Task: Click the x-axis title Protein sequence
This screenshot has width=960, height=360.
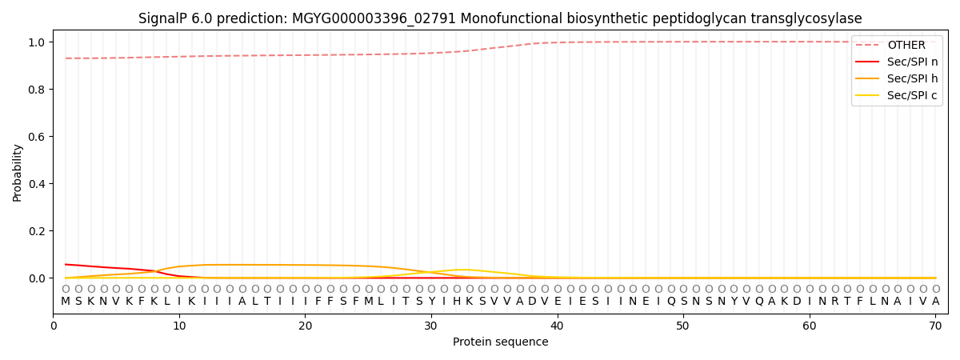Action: click(x=501, y=342)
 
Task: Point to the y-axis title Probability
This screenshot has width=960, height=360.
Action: click(x=18, y=172)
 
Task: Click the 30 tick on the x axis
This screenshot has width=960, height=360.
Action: click(x=431, y=326)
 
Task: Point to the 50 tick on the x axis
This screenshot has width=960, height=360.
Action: click(x=683, y=326)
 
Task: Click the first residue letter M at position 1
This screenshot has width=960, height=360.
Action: click(x=66, y=302)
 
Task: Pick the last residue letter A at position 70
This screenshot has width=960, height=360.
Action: click(x=935, y=302)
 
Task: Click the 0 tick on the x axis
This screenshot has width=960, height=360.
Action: click(x=54, y=326)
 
